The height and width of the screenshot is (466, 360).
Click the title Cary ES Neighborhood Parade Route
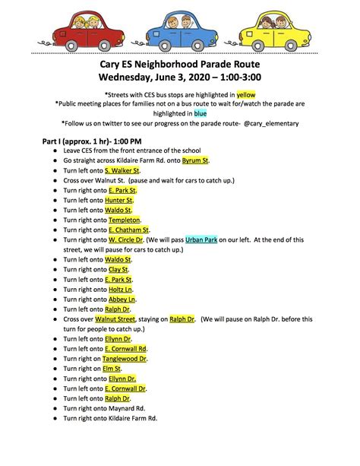coord(180,65)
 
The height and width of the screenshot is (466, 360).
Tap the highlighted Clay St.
coord(118,269)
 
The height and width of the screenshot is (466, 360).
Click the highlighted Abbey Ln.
coord(122,299)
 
